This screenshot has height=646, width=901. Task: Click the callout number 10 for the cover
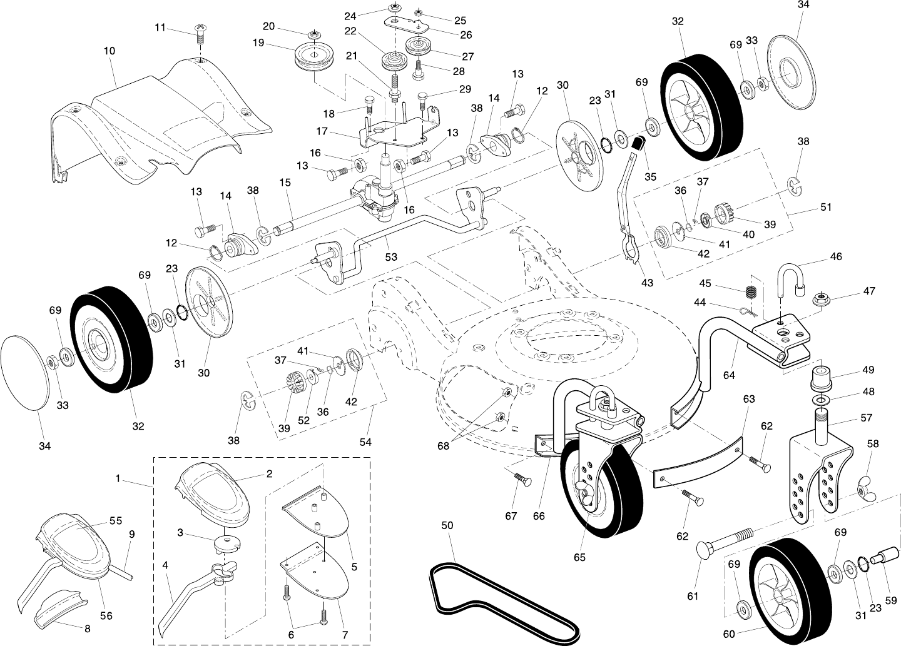[x=109, y=51]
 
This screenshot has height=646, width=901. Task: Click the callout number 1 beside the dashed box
[x=118, y=478]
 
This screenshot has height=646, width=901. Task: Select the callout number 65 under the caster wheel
[x=580, y=557]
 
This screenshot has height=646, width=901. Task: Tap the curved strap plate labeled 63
[x=698, y=460]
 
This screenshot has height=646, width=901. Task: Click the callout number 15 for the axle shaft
[x=285, y=183]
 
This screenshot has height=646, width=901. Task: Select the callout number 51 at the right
[x=826, y=208]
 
